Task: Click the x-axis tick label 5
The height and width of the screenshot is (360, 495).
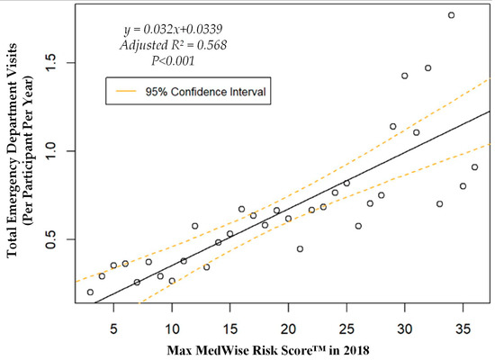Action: pos(113,321)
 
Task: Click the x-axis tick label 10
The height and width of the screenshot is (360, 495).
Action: pos(172,321)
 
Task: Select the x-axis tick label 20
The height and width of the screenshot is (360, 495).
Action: pos(288,321)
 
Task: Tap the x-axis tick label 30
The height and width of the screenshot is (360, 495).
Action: pos(405,321)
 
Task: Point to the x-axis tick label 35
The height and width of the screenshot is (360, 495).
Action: pos(463,321)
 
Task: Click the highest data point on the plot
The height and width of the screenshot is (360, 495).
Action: pos(451,15)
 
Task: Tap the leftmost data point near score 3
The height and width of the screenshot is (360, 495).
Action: pos(90,292)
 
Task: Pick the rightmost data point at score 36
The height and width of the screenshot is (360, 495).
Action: pos(474,167)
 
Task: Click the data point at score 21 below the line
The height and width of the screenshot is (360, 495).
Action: pos(300,248)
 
